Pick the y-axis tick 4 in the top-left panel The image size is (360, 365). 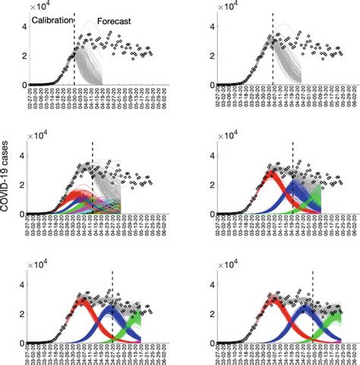pyautogui.click(x=24, y=26)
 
